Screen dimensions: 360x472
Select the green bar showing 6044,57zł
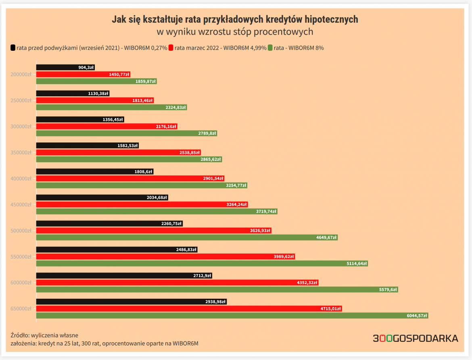coord(232,316)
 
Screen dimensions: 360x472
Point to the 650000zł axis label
coord(21,309)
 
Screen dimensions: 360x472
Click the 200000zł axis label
coord(21,75)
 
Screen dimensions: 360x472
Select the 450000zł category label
coord(21,205)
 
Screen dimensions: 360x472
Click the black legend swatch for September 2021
coord(13,48)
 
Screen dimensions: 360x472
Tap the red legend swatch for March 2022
coord(171,48)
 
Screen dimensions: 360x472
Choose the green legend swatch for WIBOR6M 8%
coord(270,48)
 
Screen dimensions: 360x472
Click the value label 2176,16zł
coord(166,127)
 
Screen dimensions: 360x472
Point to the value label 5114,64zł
coord(356,264)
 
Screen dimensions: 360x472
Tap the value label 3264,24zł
coord(236,205)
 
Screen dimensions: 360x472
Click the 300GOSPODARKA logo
coord(416,338)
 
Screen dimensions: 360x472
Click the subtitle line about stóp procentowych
coord(234,32)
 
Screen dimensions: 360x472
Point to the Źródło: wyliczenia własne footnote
coord(44,335)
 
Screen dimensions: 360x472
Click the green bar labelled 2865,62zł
coord(129,159)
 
